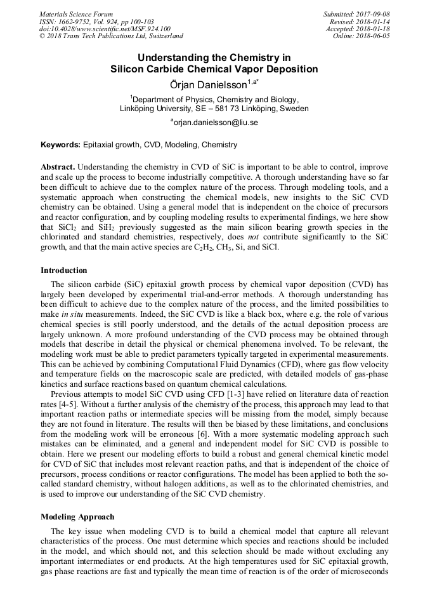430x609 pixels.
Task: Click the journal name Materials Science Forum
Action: [76, 14]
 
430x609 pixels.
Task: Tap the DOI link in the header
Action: [105, 29]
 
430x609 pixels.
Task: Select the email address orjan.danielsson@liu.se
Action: [216, 122]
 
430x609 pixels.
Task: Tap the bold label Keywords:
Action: [61, 145]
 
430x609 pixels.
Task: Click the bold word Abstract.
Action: [57, 165]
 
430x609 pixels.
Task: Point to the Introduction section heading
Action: [64, 271]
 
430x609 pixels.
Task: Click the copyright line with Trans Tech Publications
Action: [111, 37]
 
